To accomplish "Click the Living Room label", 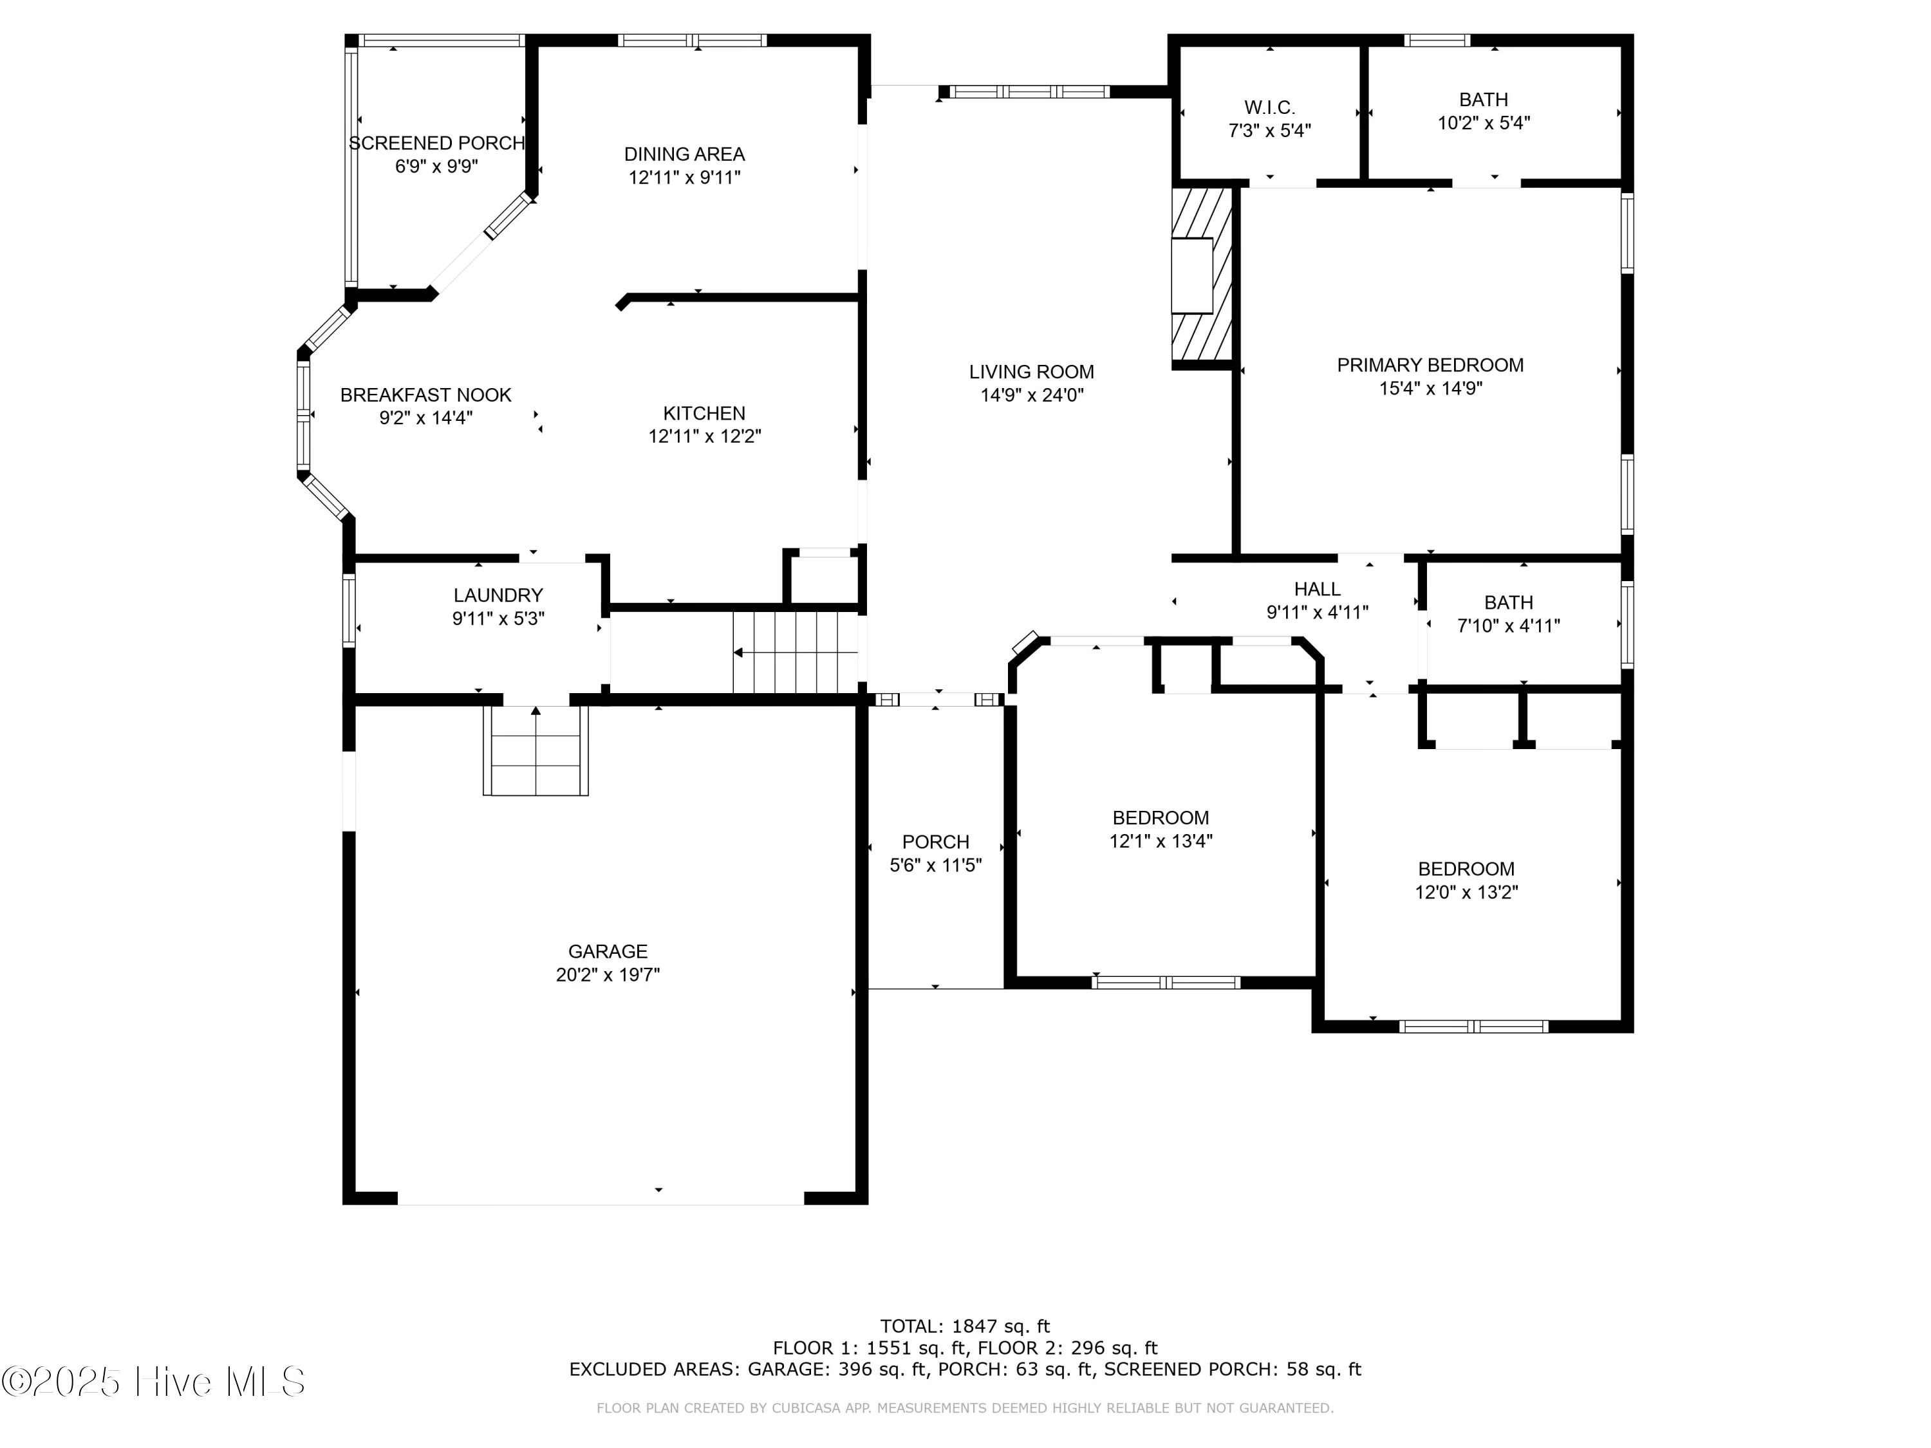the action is (1031, 372).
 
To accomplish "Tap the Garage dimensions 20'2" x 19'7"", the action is (608, 975).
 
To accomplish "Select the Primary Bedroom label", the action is (1430, 365).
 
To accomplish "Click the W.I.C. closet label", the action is (1269, 107).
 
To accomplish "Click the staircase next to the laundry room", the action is (796, 652).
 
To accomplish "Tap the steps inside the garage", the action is (536, 750).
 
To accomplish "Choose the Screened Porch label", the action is (436, 143).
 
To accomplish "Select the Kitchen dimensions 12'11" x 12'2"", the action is (704, 436).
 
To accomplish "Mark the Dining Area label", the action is (684, 154).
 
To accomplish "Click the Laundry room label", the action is (498, 595).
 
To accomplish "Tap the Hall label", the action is (1318, 589).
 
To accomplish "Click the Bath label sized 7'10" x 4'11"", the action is (1509, 602).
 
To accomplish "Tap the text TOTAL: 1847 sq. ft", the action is (965, 1326).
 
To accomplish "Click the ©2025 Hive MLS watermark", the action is (154, 1382).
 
